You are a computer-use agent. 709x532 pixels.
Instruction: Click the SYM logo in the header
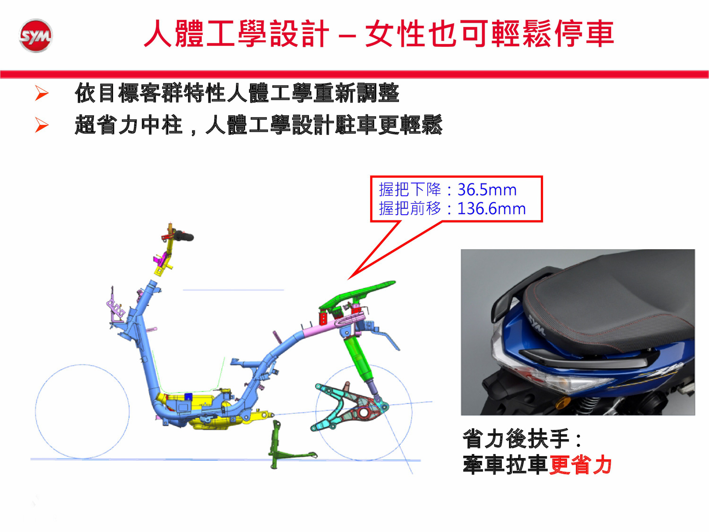tap(35, 35)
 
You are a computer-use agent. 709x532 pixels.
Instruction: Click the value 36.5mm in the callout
tap(487, 190)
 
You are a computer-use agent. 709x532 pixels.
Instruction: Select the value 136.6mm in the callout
tap(491, 209)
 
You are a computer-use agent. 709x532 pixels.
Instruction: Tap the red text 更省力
tap(581, 465)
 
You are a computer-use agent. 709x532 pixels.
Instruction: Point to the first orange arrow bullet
tap(42, 93)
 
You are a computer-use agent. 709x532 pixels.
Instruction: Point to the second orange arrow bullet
tap(42, 125)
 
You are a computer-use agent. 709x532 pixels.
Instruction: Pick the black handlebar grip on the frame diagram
tap(184, 236)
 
